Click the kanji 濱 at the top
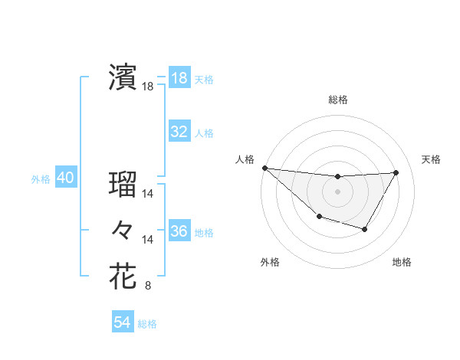pos(123,77)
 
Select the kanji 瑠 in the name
pos(123,185)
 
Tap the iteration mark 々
pos(123,229)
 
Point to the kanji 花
pos(123,275)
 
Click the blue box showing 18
pos(179,78)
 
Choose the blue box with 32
pos(179,132)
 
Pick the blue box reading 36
pos(179,231)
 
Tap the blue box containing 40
pos(65,178)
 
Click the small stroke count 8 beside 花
pos(148,286)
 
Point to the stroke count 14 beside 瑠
pos(149,195)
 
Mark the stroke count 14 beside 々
pos(149,240)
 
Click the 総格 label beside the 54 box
pos(147,324)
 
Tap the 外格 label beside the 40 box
pos(41,179)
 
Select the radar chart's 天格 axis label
pos(431,159)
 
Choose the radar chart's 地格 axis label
pos(402,262)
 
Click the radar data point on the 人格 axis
pos(264,168)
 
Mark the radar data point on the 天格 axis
pos(396,172)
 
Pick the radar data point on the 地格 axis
pos(365,229)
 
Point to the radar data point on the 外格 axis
pos(319,218)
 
